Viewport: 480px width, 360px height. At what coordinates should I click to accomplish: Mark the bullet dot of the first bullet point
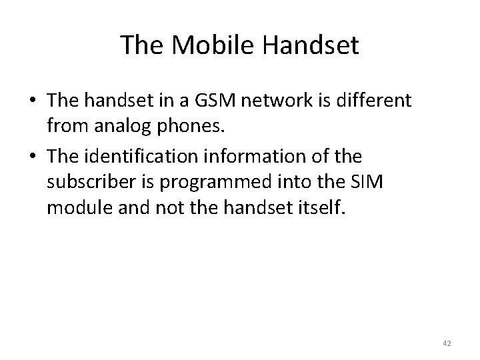click(x=32, y=102)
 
